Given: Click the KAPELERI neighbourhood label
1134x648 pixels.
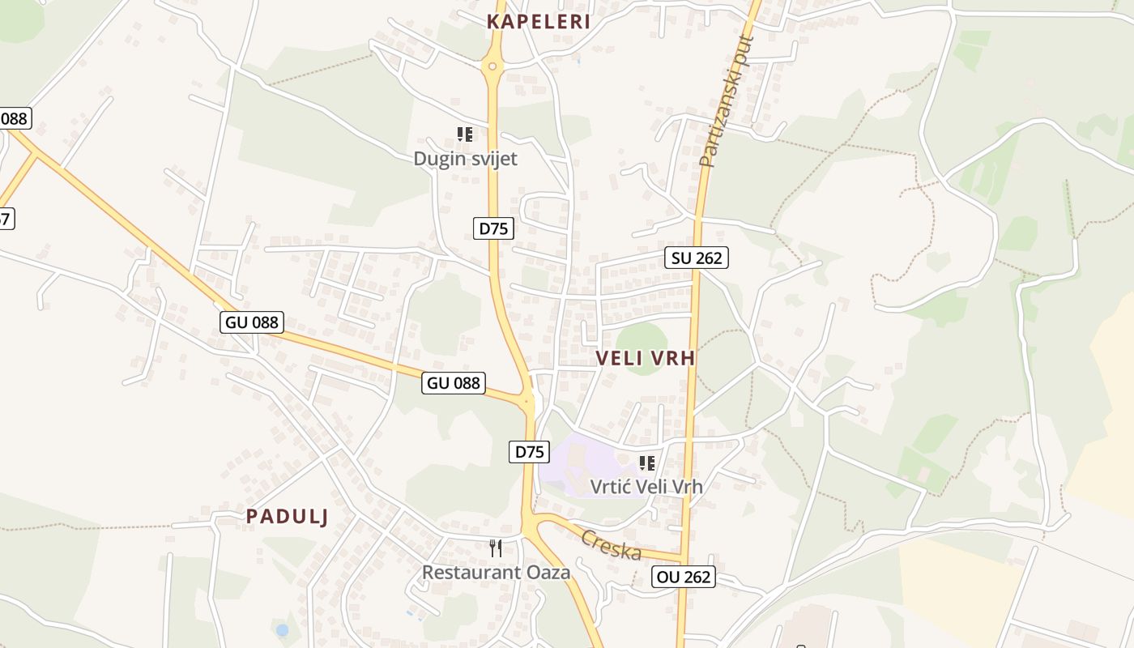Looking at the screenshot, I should [x=538, y=22].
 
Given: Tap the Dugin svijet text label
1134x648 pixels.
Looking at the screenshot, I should [x=465, y=159].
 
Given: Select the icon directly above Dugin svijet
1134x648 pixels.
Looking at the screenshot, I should [x=464, y=134].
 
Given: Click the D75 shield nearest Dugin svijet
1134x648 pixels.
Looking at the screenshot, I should [x=493, y=228].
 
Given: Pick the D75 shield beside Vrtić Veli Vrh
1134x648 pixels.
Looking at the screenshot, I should [x=529, y=452].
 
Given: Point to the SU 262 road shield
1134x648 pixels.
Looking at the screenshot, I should [x=697, y=258].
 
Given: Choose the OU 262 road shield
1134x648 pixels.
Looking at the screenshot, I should [x=684, y=577].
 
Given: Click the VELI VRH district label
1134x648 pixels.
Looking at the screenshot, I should [x=646, y=358].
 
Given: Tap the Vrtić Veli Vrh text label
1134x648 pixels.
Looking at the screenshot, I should [x=646, y=487].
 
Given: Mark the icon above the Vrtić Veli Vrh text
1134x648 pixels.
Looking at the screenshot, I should [x=646, y=463].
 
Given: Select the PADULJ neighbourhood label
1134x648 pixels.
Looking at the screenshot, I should [x=288, y=516].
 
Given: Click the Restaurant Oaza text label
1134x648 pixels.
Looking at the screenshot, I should [x=496, y=573].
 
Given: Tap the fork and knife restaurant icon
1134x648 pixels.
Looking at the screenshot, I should [x=496, y=548].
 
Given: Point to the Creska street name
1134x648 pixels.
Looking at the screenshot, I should [x=612, y=545].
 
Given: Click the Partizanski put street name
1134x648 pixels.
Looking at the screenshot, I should [x=726, y=101].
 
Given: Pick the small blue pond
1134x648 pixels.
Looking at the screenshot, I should [x=282, y=629].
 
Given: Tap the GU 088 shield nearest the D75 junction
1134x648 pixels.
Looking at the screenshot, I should [x=453, y=383].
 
